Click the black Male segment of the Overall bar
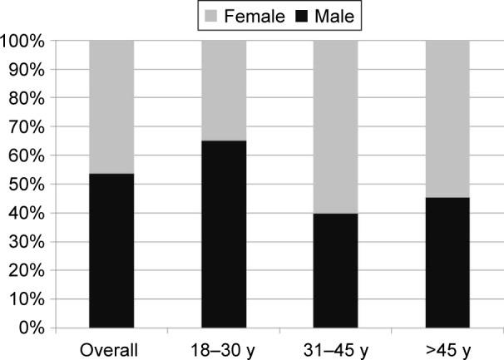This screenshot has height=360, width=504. coord(111,250)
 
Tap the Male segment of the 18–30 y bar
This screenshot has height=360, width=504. coord(224,234)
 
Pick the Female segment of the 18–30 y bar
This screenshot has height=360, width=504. coord(224,90)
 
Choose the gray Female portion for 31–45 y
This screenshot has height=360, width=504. coord(335,126)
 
